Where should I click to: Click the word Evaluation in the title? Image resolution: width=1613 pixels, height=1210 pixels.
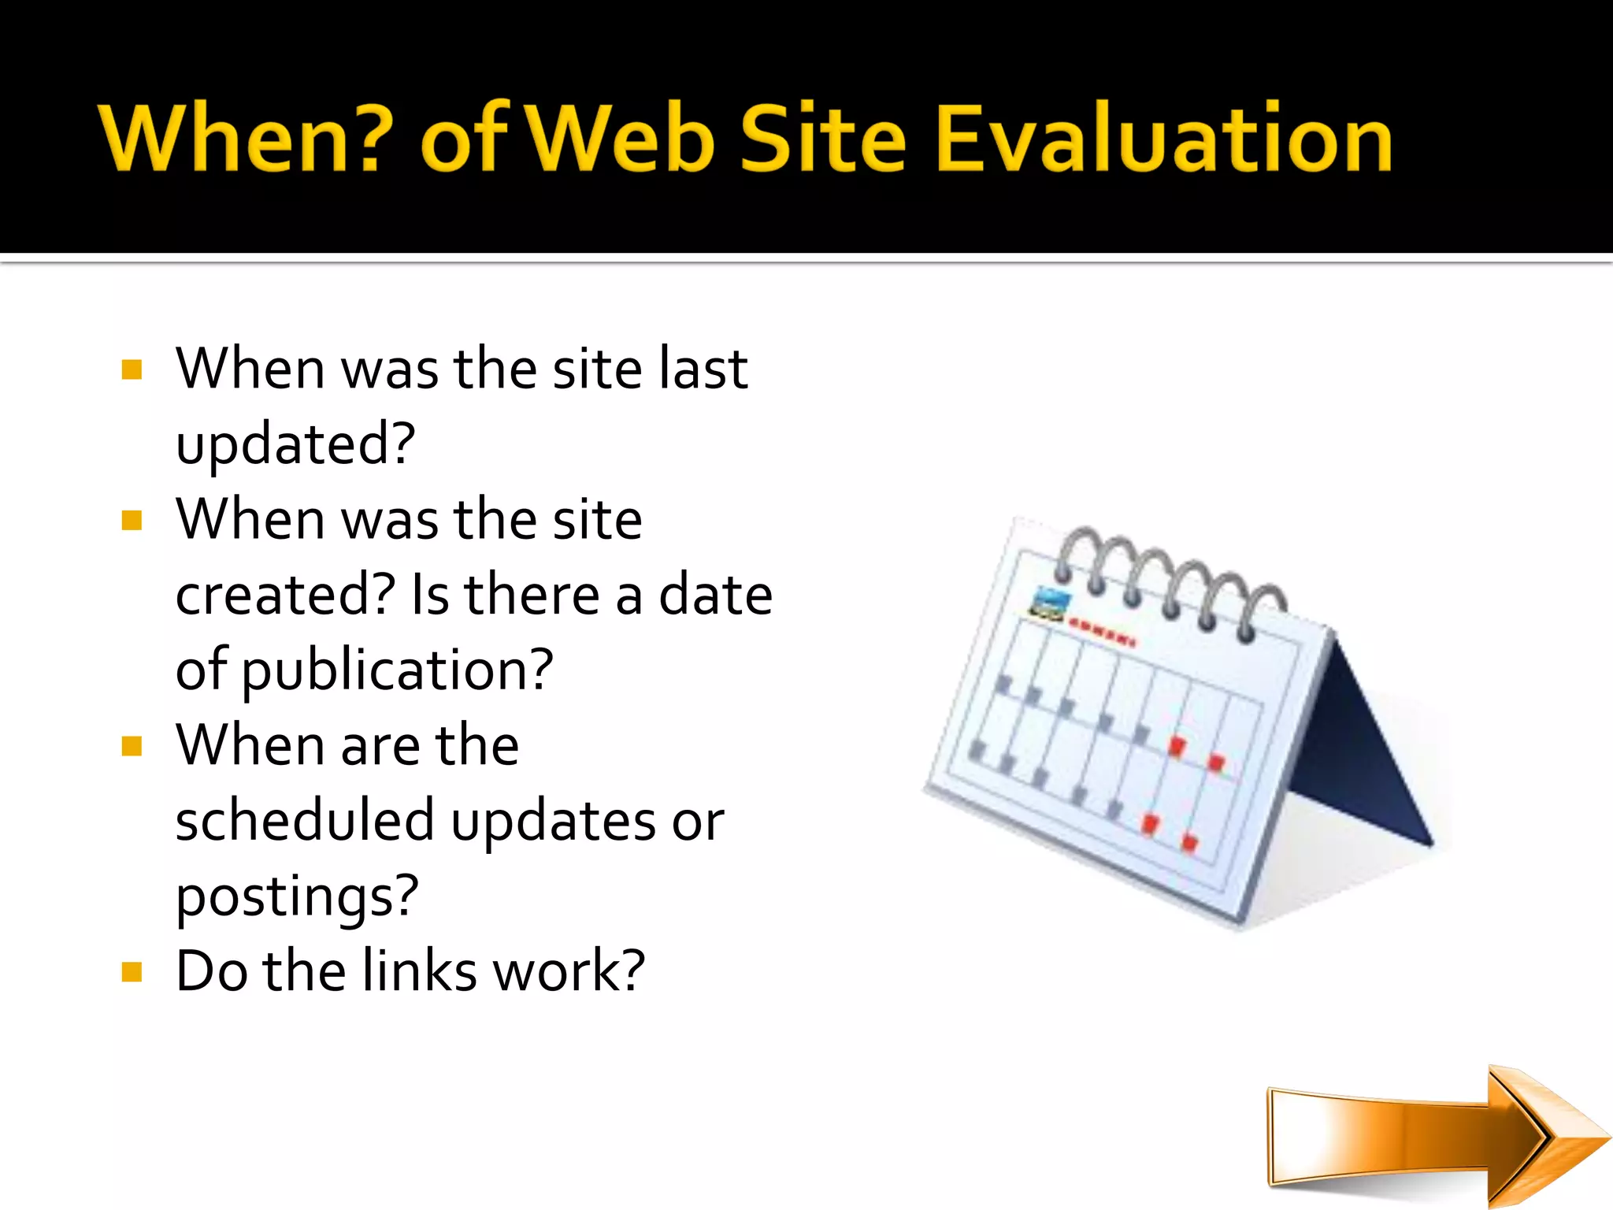[1164, 138]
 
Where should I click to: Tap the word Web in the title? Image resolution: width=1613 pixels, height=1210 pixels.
[621, 138]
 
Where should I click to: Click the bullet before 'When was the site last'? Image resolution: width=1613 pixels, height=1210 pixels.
[132, 369]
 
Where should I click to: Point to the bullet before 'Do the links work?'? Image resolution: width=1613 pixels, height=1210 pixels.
[132, 972]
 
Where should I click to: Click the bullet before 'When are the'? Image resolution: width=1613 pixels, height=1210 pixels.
[132, 746]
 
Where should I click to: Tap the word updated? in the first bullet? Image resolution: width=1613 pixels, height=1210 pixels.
[295, 445]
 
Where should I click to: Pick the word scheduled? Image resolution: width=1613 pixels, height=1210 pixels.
[305, 821]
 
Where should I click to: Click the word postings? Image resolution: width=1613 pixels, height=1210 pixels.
[297, 896]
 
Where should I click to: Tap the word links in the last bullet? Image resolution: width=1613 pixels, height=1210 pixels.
[420, 971]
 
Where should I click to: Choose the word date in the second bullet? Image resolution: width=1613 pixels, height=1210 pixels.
[715, 595]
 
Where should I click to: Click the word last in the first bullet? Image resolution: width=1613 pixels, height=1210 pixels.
[703, 369]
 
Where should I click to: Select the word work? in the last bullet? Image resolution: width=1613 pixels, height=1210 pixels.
[569, 971]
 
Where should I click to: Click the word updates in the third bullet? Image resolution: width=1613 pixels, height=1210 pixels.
[554, 821]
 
